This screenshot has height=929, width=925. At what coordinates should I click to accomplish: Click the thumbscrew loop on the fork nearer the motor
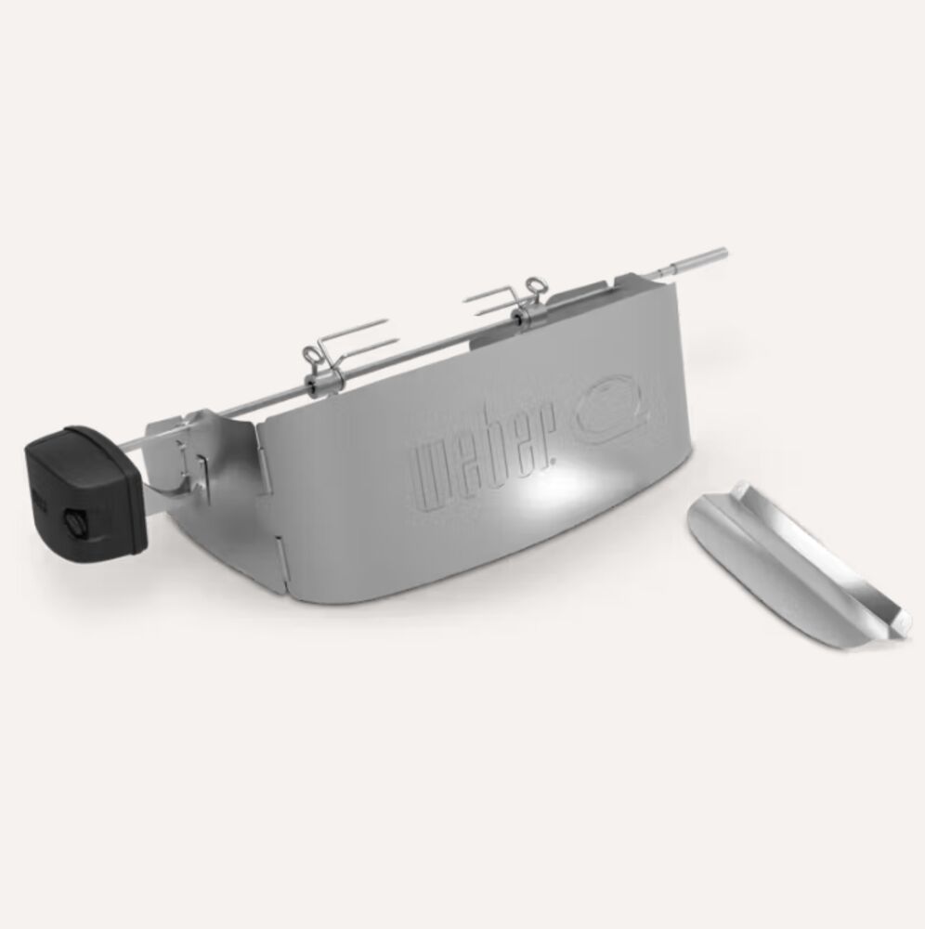click(311, 356)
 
